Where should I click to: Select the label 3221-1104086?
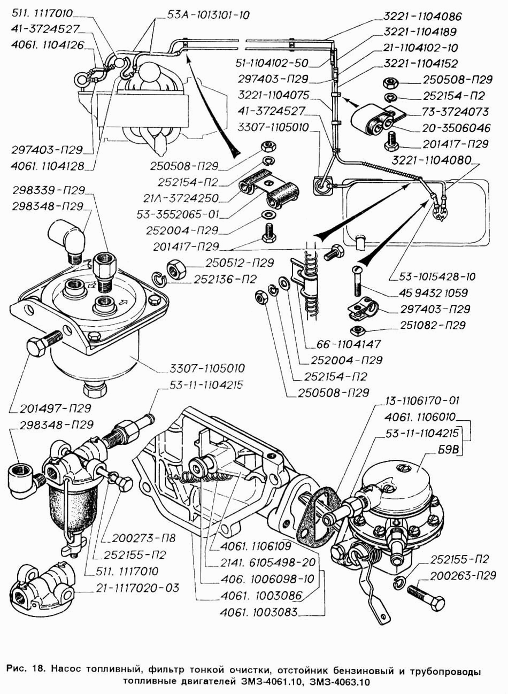pyautogui.click(x=422, y=17)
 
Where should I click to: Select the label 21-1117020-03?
pyautogui.click(x=137, y=588)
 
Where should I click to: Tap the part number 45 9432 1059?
pyautogui.click(x=433, y=292)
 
